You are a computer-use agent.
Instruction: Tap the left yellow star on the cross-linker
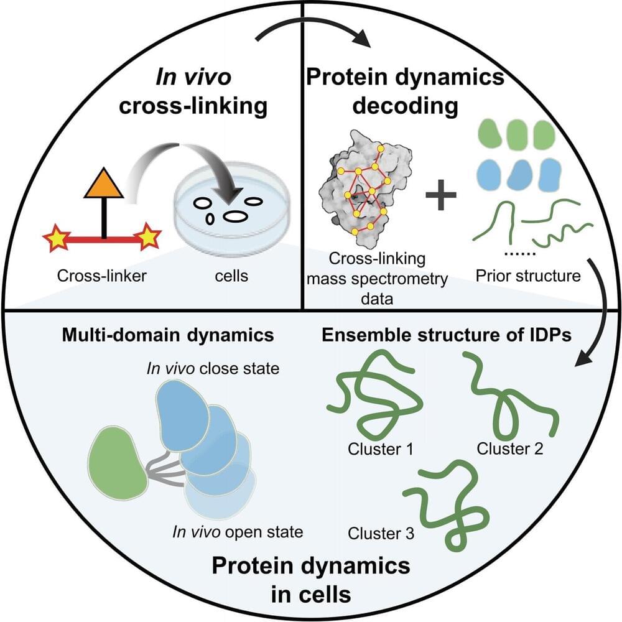coord(57,238)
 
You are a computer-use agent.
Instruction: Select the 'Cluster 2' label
coord(510,448)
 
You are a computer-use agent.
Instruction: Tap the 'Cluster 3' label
coord(381,533)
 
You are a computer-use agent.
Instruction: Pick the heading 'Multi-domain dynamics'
coord(167,336)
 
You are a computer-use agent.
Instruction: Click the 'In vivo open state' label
coord(238,532)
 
